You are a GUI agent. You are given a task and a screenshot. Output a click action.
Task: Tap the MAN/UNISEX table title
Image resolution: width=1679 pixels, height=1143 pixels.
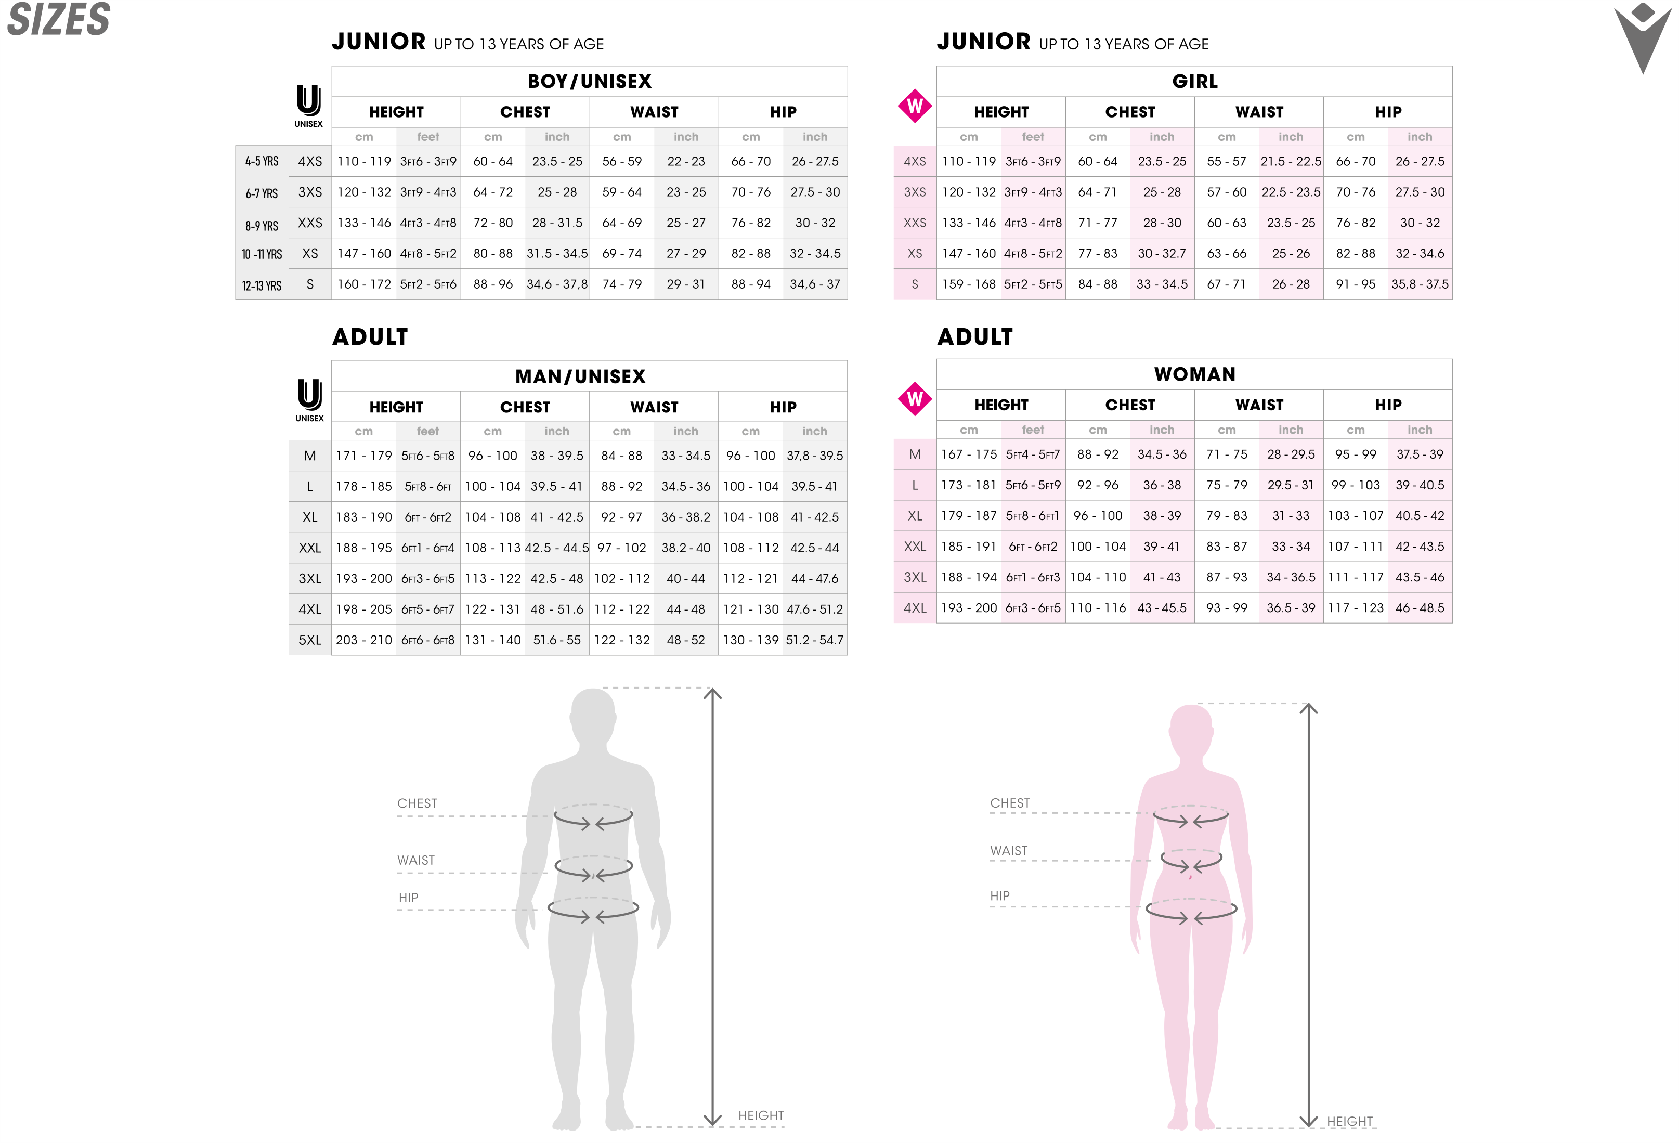coord(580,376)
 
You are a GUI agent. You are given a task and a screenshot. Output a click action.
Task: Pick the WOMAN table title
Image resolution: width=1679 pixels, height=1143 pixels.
coord(1194,374)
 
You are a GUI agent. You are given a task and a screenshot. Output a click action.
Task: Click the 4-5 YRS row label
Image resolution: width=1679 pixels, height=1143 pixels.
coord(262,162)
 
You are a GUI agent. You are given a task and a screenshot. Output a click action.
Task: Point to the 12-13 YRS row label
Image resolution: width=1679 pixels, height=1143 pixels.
coord(262,286)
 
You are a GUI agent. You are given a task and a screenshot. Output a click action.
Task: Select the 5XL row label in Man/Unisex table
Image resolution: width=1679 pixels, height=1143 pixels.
coord(310,640)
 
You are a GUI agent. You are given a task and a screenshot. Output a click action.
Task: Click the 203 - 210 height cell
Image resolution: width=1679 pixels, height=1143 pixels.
coord(363,640)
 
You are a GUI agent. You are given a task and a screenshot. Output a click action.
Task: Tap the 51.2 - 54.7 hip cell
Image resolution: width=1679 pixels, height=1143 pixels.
coord(814,640)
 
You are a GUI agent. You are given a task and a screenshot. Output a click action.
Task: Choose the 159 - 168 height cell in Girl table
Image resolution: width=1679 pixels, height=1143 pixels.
coord(968,284)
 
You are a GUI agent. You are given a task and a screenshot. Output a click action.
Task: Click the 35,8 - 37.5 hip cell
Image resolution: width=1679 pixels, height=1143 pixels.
coord(1419,284)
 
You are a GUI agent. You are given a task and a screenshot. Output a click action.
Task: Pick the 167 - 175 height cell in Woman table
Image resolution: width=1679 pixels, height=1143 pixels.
coord(968,454)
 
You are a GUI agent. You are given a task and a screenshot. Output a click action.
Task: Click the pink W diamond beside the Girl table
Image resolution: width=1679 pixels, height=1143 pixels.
coord(914,106)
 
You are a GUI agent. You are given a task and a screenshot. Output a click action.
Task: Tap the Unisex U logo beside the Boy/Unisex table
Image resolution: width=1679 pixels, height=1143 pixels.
coord(308,104)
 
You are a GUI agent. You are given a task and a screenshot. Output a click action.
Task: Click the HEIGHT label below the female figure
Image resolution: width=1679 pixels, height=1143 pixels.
coord(1349,1121)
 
